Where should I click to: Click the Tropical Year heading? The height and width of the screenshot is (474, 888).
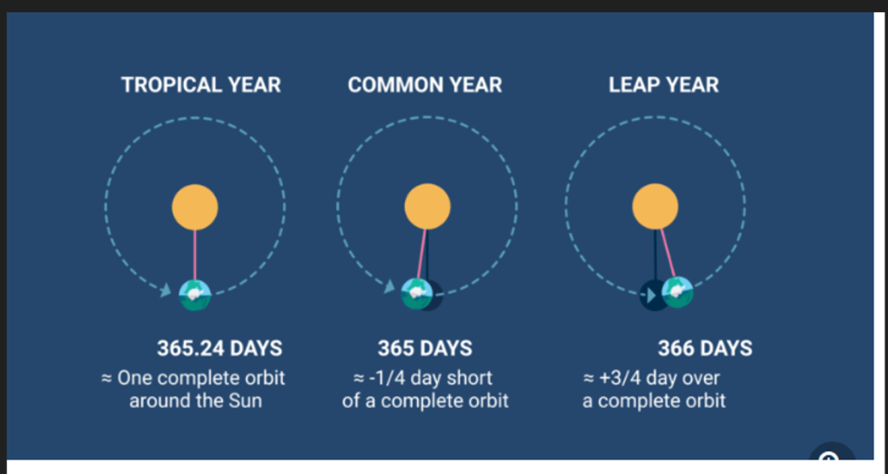pyautogui.click(x=201, y=85)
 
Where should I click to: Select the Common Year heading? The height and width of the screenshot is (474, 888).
pyautogui.click(x=425, y=85)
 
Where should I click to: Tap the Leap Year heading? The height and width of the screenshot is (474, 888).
pyautogui.click(x=663, y=85)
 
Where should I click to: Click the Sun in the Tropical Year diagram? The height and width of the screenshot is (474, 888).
pyautogui.click(x=195, y=207)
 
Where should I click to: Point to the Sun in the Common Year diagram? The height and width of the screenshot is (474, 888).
pyautogui.click(x=428, y=206)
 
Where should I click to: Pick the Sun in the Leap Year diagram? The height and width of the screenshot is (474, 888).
pyautogui.click(x=656, y=206)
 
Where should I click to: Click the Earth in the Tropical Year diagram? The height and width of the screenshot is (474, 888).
pyautogui.click(x=195, y=295)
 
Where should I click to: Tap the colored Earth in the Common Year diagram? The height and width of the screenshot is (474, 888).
pyautogui.click(x=417, y=294)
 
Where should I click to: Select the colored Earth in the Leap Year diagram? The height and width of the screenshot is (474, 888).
pyautogui.click(x=677, y=292)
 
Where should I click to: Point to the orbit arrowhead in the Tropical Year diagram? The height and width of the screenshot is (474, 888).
pyautogui.click(x=165, y=290)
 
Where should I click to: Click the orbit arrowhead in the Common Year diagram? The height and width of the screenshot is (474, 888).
pyautogui.click(x=389, y=287)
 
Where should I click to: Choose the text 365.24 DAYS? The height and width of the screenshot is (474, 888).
pyautogui.click(x=219, y=348)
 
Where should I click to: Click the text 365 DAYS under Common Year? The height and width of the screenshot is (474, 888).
pyautogui.click(x=425, y=348)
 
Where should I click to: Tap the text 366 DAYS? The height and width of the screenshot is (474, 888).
pyautogui.click(x=705, y=348)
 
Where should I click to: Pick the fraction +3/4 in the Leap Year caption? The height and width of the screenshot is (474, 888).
pyautogui.click(x=624, y=378)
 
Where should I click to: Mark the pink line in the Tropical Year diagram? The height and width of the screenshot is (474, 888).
pyautogui.click(x=195, y=255)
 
